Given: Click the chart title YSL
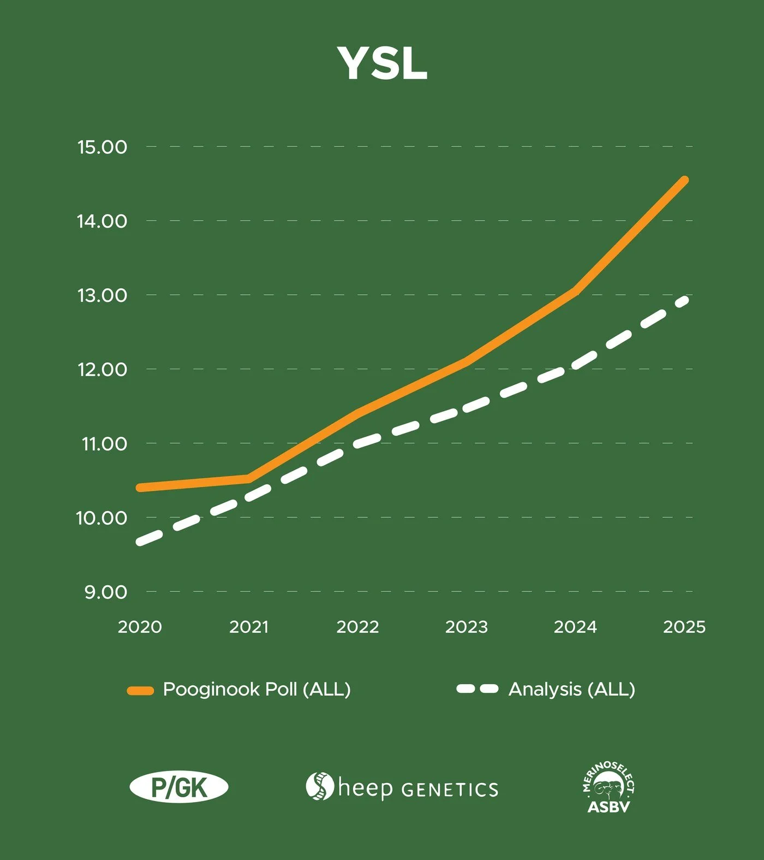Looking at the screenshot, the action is click(382, 63).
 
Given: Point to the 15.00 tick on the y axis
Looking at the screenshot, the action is click(102, 147).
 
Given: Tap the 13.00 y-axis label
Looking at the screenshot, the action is click(102, 295).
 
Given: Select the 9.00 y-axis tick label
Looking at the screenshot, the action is click(105, 592).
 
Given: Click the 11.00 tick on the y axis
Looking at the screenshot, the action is click(104, 444).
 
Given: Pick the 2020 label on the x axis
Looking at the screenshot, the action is click(140, 627).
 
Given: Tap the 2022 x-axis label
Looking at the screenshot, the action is click(357, 627).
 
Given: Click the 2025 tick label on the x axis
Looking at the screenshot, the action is click(684, 627).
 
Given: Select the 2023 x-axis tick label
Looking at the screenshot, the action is click(467, 627).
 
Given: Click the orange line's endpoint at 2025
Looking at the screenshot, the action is click(684, 180).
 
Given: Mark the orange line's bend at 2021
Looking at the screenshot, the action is click(249, 479).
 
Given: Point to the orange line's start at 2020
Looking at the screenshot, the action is click(141, 488).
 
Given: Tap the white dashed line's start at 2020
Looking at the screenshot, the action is click(141, 542).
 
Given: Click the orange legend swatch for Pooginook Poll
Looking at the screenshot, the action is click(140, 691).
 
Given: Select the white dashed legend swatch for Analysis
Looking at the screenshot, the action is click(477, 689).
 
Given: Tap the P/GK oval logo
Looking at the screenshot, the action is click(179, 787).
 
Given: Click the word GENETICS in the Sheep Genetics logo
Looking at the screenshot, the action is click(450, 790).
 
